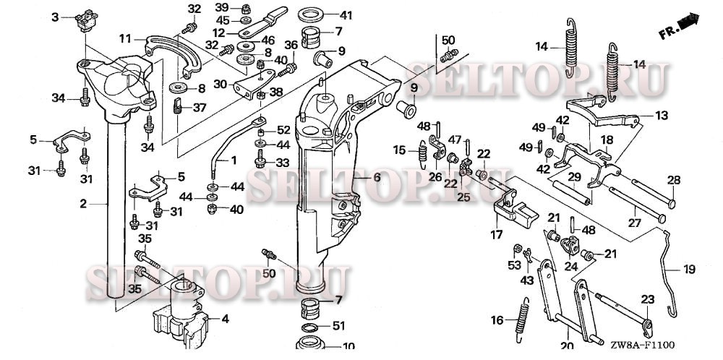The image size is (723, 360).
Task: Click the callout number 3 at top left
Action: pos(54,17)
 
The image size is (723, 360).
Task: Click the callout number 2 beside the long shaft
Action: pos(83,205)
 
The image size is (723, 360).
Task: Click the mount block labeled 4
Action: pos(179,312)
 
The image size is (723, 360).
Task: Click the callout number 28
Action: pos(673,180)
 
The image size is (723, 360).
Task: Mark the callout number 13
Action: pos(662,115)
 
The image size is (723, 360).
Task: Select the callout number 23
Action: pos(647,298)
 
